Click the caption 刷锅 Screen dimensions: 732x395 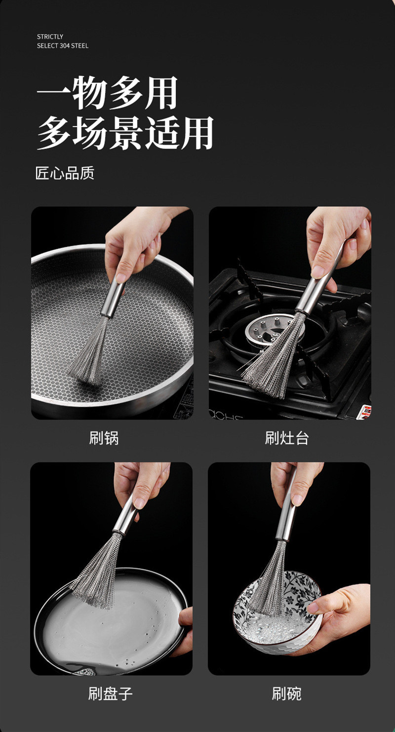[x=104, y=437]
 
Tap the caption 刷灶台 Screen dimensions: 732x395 [x=286, y=437]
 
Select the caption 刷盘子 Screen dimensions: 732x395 [x=111, y=693]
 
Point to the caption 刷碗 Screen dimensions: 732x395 [x=286, y=693]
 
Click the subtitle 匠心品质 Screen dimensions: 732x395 [x=65, y=173]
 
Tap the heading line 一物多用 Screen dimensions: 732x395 [x=107, y=93]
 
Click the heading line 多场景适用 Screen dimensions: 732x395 [x=125, y=133]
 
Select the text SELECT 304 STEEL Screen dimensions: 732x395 [x=63, y=46]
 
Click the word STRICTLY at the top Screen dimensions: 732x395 [x=50, y=37]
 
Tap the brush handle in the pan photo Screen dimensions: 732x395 [x=113, y=296]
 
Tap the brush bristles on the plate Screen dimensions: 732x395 [x=97, y=573]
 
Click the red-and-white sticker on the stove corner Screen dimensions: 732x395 [x=364, y=411]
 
